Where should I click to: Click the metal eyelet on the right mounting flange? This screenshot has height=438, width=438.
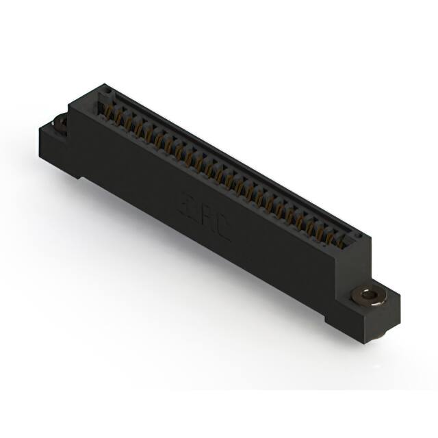tap(369, 296)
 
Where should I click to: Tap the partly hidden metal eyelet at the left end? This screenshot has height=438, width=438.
tap(61, 123)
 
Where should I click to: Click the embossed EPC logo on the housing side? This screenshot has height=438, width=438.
tap(206, 218)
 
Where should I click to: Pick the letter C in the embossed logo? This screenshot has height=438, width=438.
tap(223, 229)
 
